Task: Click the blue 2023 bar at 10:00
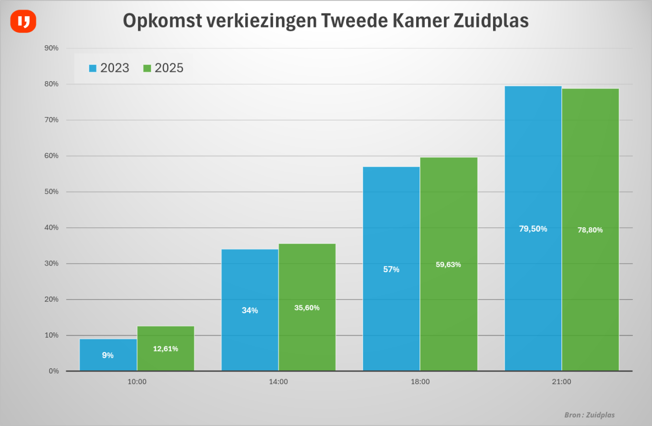[x=108, y=355]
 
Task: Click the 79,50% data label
[x=533, y=229]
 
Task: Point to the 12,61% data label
[x=165, y=349]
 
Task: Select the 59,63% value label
[x=448, y=265]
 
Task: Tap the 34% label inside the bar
[x=250, y=310]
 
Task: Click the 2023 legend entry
[x=109, y=68]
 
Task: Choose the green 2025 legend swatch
[x=147, y=68]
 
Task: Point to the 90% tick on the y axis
[x=51, y=48]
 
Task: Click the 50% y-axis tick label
[x=51, y=192]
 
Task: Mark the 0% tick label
[x=53, y=371]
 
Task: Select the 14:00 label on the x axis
[x=278, y=382]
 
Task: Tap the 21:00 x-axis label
[x=561, y=382]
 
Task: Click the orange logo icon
[x=23, y=21]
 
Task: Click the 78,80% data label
[x=590, y=230]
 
